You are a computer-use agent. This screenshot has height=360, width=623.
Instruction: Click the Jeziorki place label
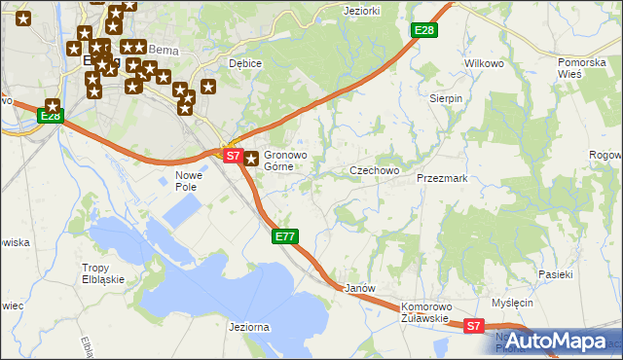361,11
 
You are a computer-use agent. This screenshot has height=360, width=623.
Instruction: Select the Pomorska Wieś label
582,68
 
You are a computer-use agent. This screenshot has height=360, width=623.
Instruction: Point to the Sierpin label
446,98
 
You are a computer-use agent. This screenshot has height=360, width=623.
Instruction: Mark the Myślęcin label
513,303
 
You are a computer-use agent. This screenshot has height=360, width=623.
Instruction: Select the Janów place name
360,289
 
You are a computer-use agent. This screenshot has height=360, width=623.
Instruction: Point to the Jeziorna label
248,328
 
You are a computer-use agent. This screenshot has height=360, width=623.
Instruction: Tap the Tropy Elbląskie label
108,273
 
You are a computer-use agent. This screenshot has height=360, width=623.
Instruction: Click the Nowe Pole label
186,180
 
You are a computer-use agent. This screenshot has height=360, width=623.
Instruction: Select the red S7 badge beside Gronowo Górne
232,156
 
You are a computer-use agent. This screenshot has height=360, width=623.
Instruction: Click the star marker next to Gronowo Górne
251,159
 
